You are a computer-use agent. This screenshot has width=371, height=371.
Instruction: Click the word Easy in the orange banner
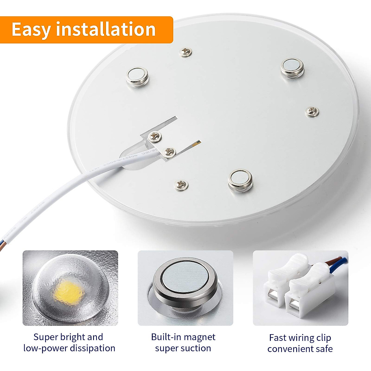31,30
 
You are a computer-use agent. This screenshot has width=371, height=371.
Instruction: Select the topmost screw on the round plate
186,52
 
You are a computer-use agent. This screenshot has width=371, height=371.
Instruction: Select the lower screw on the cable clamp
169,152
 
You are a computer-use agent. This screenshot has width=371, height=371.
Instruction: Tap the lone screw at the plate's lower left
181,185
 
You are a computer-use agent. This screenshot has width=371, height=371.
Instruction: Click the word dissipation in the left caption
92,348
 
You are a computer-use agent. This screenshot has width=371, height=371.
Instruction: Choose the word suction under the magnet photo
196,348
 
